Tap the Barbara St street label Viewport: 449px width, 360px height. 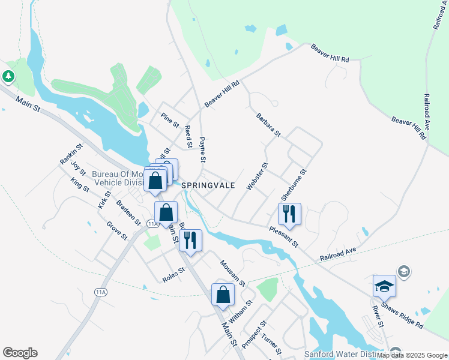pyautogui.click(x=268, y=124)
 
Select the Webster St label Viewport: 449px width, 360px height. pyautogui.click(x=257, y=176)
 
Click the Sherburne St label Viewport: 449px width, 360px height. pyautogui.click(x=294, y=185)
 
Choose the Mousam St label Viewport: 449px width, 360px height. pyautogui.click(x=232, y=272)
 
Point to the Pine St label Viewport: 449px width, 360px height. pyautogui.click(x=170, y=120)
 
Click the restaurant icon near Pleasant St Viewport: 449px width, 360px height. pyautogui.click(x=289, y=214)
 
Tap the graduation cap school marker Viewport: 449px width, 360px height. pyautogui.click(x=384, y=286)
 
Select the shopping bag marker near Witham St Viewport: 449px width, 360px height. pyautogui.click(x=223, y=295)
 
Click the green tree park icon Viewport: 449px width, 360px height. pyautogui.click(x=8, y=77)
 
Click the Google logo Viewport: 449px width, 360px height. pyautogui.click(x=20, y=353)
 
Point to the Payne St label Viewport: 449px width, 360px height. pyautogui.click(x=203, y=150)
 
